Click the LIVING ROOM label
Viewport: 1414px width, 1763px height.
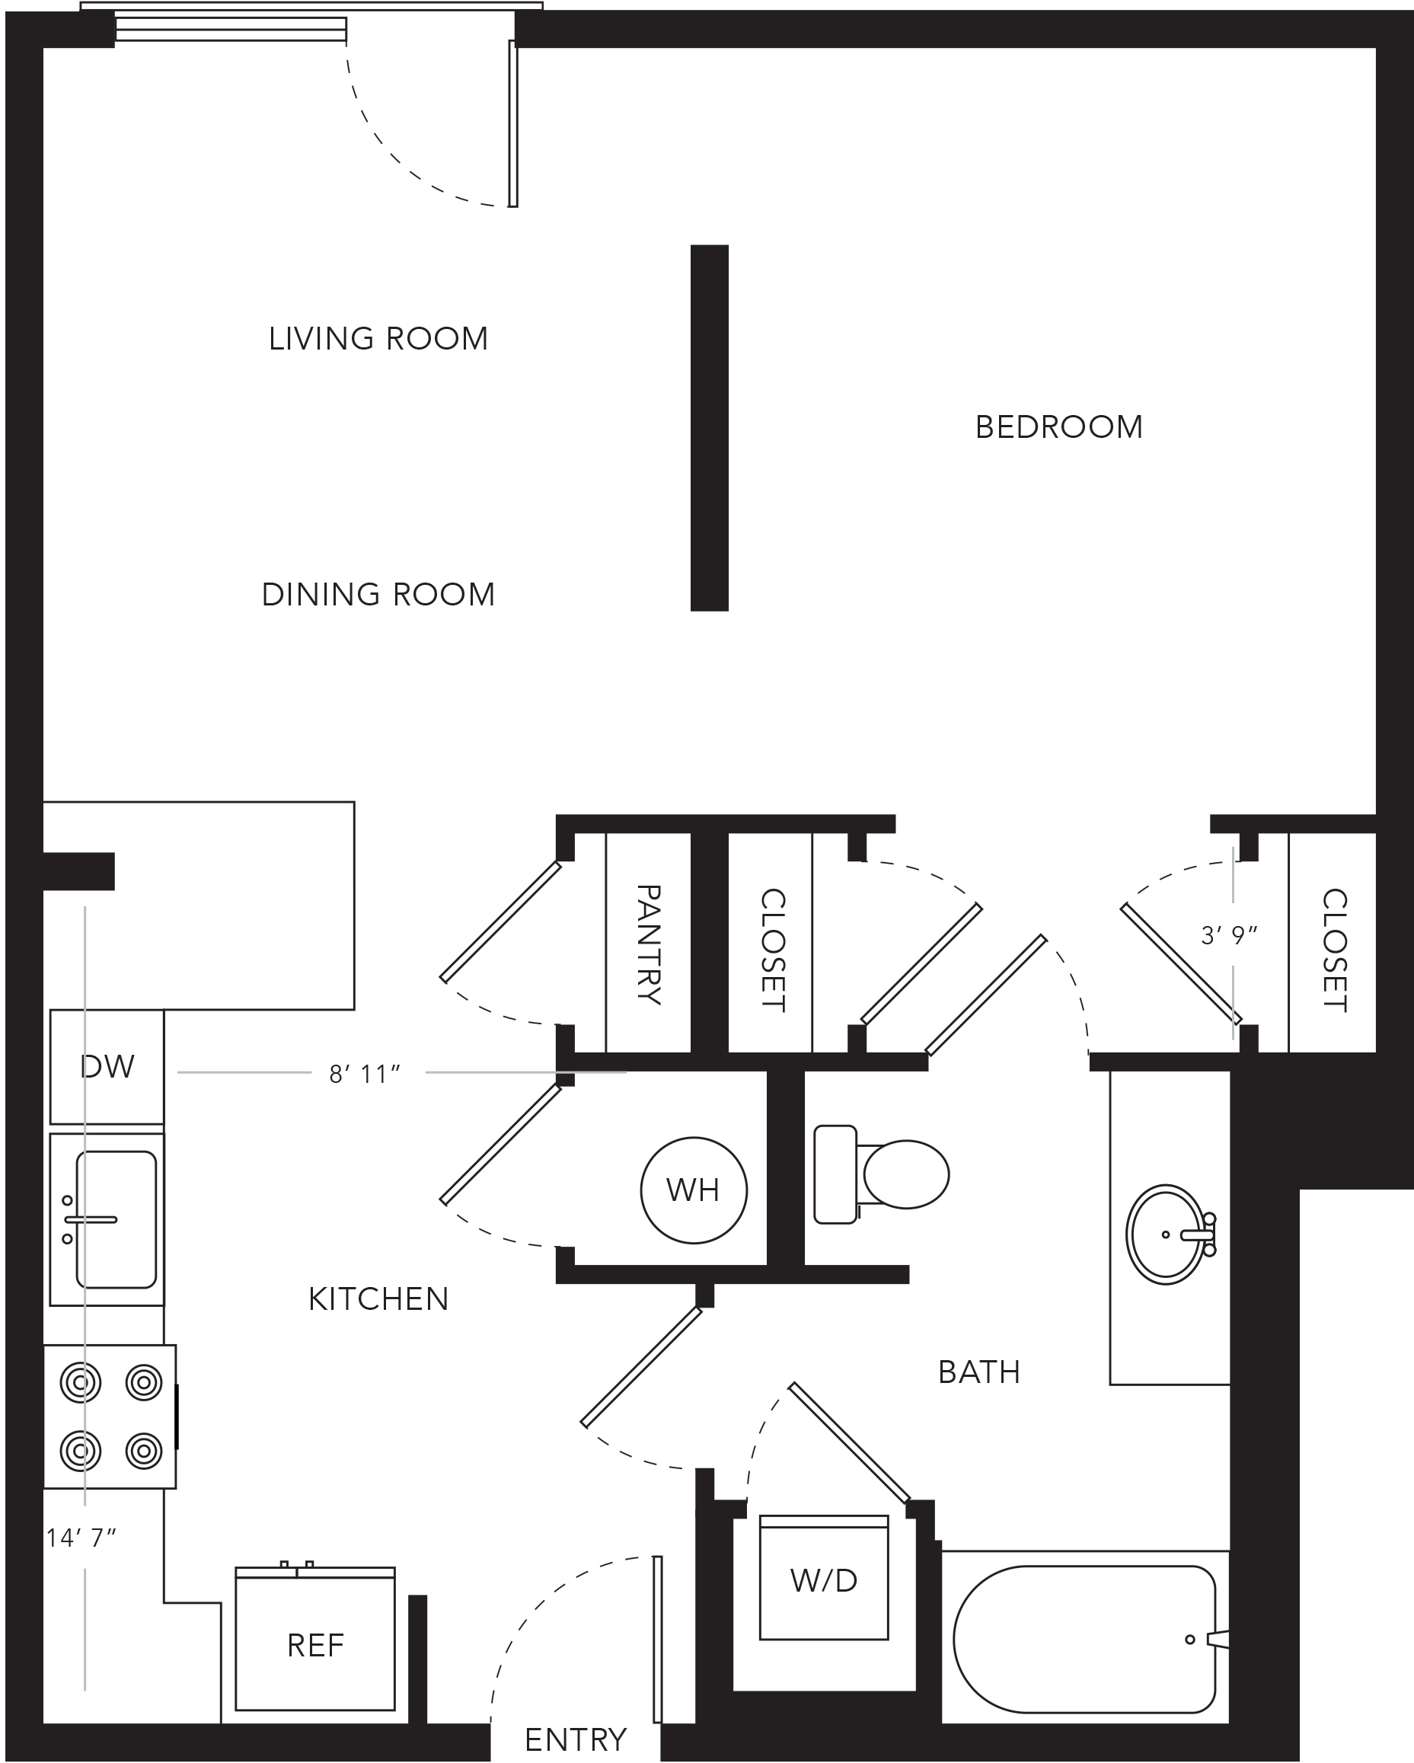tap(378, 339)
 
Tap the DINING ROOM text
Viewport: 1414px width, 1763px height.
tap(378, 595)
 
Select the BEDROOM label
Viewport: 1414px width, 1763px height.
tap(1059, 426)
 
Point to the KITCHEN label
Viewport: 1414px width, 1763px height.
tap(378, 1299)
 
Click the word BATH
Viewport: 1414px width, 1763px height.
tap(979, 1373)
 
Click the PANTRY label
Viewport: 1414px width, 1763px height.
tap(648, 944)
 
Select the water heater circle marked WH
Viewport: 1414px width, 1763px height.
tap(694, 1190)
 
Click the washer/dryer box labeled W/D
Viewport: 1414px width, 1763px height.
tap(824, 1582)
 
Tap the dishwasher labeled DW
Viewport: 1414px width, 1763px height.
tap(107, 1067)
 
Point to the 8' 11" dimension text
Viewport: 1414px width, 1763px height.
tap(365, 1074)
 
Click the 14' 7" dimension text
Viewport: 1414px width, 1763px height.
tap(81, 1538)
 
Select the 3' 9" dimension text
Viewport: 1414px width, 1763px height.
tap(1228, 935)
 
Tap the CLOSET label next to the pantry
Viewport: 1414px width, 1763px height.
tap(773, 951)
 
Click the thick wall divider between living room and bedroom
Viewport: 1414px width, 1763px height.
tap(710, 428)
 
